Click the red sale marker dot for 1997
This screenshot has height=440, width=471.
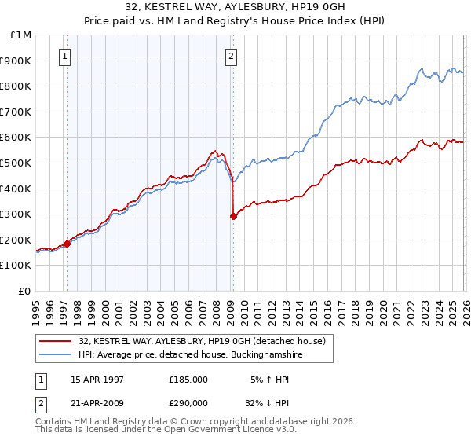[67, 244]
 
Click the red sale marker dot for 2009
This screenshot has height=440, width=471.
[233, 217]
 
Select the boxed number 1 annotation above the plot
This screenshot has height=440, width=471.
[64, 56]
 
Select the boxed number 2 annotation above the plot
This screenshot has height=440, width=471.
[232, 56]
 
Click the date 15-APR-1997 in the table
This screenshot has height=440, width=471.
[97, 379]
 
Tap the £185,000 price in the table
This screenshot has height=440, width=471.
[188, 379]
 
